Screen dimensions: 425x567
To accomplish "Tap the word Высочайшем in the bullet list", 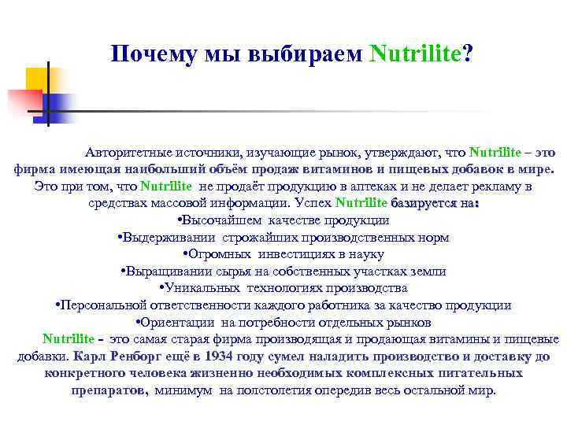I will [x=222, y=220].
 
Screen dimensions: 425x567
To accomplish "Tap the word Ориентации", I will [x=175, y=322].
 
